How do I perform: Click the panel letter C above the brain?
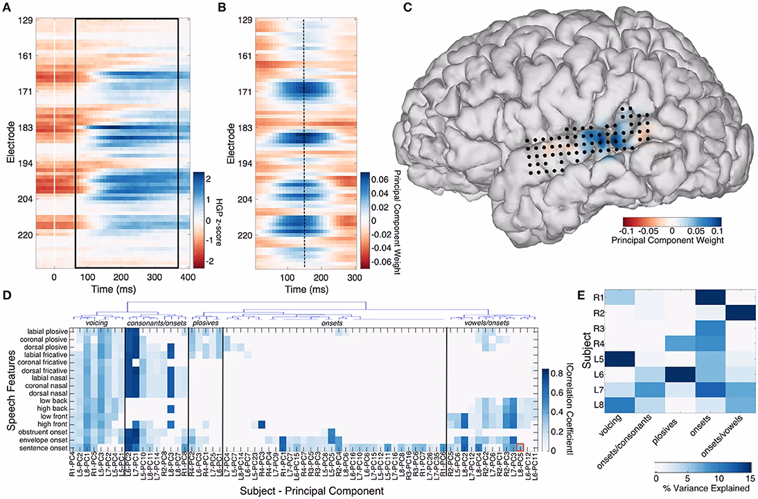point(407,8)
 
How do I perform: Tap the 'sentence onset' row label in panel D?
point(49,448)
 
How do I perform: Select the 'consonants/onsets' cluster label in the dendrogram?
point(156,322)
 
